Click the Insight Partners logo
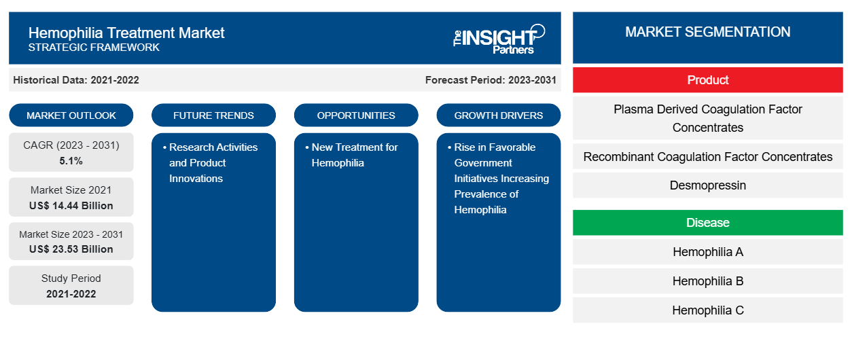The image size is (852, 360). click(x=499, y=39)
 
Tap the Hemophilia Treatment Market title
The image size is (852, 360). click(x=126, y=33)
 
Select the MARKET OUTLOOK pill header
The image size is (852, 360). click(x=71, y=115)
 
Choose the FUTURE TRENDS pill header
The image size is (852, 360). click(x=213, y=115)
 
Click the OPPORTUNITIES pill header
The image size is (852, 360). click(x=356, y=115)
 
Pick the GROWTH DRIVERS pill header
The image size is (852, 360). click(x=498, y=115)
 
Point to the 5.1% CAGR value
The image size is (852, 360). click(x=71, y=161)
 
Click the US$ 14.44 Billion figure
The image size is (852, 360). click(x=71, y=206)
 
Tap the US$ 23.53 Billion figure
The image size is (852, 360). click(x=71, y=249)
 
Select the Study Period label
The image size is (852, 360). click(x=71, y=278)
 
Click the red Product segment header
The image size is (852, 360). click(x=708, y=80)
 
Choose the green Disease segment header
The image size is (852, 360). click(x=708, y=222)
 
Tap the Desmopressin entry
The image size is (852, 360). click(x=708, y=185)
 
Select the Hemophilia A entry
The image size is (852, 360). click(x=708, y=251)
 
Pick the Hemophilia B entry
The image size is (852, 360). click(x=708, y=281)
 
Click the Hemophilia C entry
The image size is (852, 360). click(x=708, y=310)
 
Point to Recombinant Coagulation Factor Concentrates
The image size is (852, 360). click(x=708, y=157)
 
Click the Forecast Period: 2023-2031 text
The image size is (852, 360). click(x=491, y=80)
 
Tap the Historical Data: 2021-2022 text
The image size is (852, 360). click(x=76, y=80)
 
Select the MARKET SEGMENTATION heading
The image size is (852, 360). click(x=708, y=32)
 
